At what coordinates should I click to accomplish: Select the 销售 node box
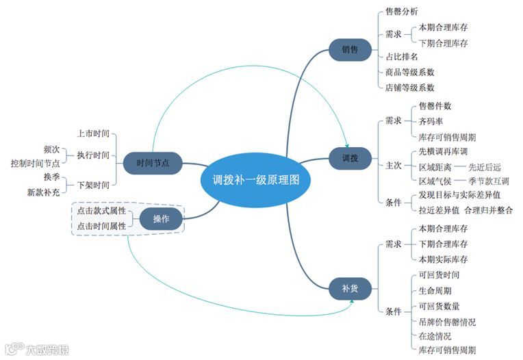pyautogui.click(x=350, y=50)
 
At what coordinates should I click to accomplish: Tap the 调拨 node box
pyautogui.click(x=350, y=158)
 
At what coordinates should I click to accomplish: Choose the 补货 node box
pyautogui.click(x=350, y=288)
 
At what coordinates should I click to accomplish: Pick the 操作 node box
pyautogui.click(x=162, y=218)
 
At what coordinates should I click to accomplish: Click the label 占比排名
pyautogui.click(x=402, y=57)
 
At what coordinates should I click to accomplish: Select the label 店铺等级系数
pyautogui.click(x=410, y=87)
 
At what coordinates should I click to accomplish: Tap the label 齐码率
pyautogui.click(x=431, y=121)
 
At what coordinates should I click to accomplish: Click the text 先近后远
pyautogui.click(x=485, y=166)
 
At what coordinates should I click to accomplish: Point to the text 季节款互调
pyautogui.click(x=489, y=181)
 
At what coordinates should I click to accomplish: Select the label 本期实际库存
pyautogui.click(x=443, y=259)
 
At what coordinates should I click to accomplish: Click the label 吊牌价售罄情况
pyautogui.click(x=447, y=321)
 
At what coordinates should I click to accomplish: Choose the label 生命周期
pyautogui.click(x=435, y=290)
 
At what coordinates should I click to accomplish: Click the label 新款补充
pyautogui.click(x=43, y=192)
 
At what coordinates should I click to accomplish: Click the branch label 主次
pyautogui.click(x=393, y=166)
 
